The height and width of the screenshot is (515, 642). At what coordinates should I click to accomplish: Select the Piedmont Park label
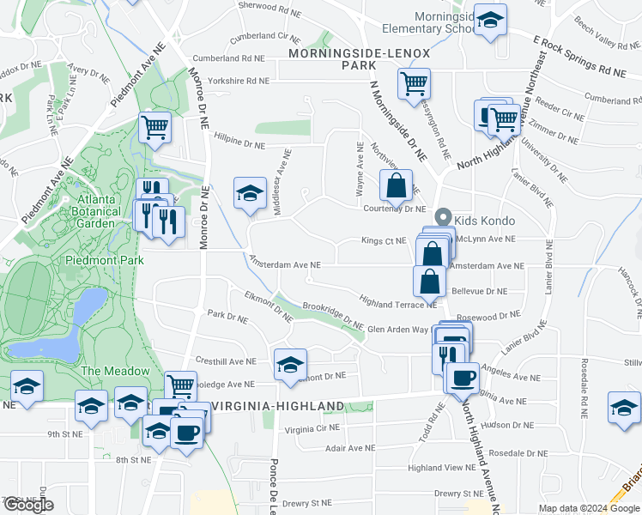94,259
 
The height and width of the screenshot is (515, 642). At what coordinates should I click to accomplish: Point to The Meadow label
115,371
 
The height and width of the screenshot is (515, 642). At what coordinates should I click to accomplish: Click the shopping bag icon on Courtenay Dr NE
396,185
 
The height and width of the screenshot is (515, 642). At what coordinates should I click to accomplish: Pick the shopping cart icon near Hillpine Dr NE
154,127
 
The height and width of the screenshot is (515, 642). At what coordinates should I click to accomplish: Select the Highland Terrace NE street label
398,303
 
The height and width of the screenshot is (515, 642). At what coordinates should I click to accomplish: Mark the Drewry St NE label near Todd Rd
460,494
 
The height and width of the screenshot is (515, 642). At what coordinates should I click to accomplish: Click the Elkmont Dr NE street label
269,306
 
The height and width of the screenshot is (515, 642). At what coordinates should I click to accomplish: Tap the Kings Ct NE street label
383,241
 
